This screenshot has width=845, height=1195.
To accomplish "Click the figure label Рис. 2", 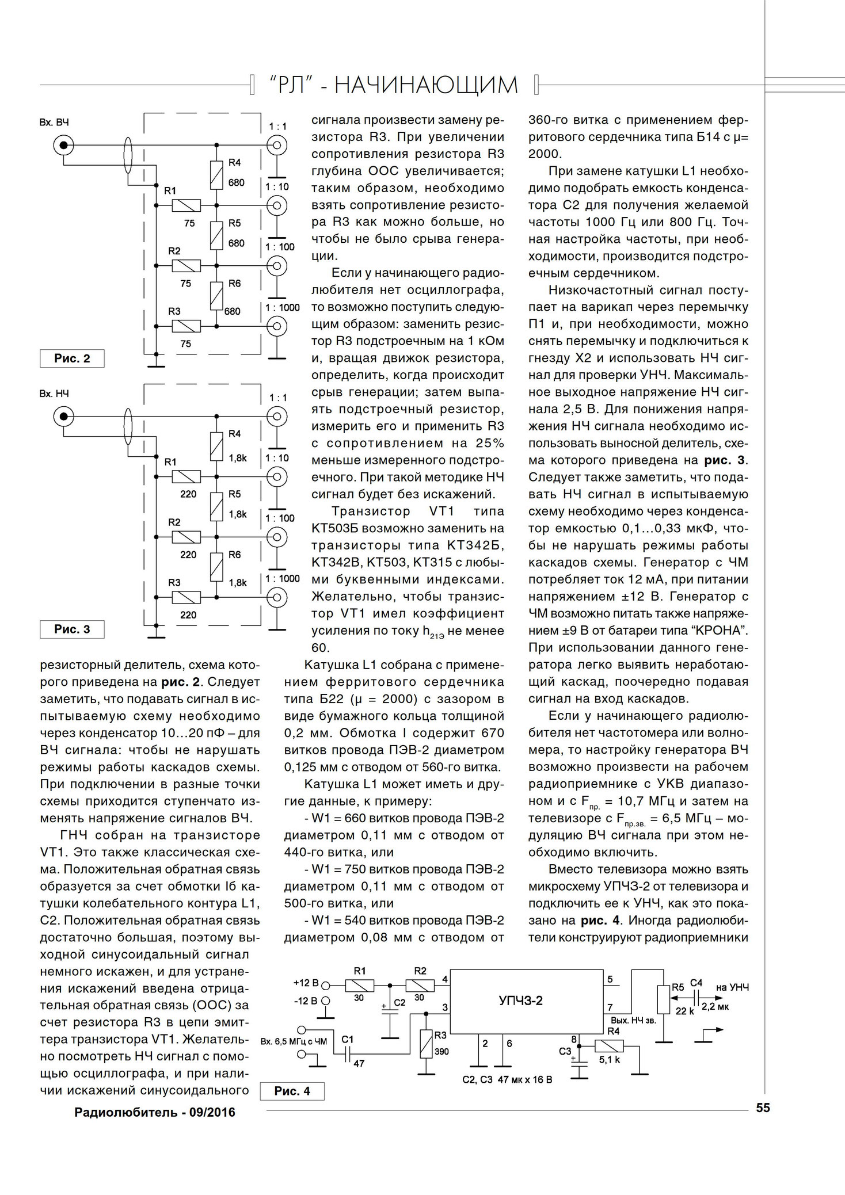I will pos(72,358).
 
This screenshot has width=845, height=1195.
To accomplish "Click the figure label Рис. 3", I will pos(72,629).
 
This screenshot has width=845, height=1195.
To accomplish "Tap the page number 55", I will pos(763,1108).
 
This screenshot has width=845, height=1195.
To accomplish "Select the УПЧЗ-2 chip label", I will pos(520,1001).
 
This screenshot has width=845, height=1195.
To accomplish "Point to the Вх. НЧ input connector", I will pos(63,415).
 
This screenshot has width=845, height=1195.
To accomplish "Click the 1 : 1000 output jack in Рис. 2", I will pos(277,326).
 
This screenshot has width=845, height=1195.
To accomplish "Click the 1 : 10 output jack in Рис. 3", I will pos(277,476).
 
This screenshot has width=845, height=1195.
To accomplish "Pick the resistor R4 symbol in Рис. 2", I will pos(216,175).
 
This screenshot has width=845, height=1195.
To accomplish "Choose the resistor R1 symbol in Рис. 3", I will pos(185,476).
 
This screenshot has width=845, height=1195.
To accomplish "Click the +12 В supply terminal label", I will pos(304,983).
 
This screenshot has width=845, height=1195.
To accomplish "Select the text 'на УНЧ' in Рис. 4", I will pos(732,987).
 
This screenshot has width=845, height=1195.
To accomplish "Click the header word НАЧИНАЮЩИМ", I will pos(426,86).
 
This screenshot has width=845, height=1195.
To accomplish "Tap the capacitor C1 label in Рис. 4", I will pos(347,1039).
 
